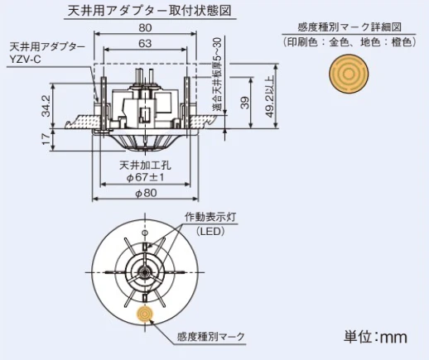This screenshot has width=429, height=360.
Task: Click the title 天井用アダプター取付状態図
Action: (x=149, y=11)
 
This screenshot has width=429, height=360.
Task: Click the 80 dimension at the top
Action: (x=145, y=27)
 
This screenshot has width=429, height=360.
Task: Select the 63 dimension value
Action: (x=145, y=43)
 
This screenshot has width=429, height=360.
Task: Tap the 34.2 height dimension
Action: (x=46, y=106)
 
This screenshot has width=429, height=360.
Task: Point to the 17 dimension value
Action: (x=46, y=139)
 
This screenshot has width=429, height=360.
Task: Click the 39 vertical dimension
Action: (x=244, y=103)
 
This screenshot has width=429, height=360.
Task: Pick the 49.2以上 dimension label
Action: (x=270, y=96)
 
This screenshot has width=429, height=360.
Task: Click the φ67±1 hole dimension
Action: (x=145, y=177)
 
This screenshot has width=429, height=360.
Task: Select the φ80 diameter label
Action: (x=146, y=193)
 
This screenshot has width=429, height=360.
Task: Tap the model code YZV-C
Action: (x=26, y=60)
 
